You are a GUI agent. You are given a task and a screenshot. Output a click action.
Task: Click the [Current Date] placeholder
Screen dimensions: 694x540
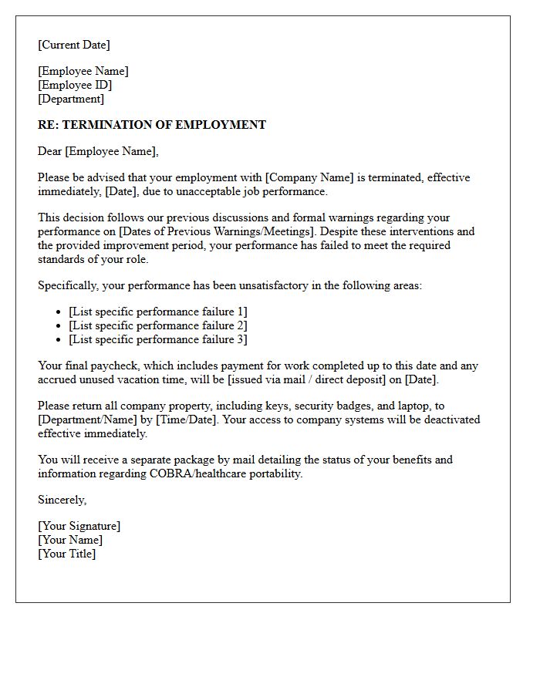pyautogui.click(x=74, y=45)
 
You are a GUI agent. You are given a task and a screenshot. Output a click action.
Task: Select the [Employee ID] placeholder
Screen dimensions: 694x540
pyautogui.click(x=75, y=85)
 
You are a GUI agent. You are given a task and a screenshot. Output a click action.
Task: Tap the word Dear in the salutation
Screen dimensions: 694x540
pyautogui.click(x=49, y=151)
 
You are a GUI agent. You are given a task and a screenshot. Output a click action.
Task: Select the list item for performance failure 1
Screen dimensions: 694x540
pyautogui.click(x=157, y=312)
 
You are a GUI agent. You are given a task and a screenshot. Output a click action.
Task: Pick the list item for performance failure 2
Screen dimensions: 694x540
pyautogui.click(x=157, y=325)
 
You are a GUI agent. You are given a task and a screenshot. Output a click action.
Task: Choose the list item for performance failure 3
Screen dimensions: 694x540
pyautogui.click(x=157, y=339)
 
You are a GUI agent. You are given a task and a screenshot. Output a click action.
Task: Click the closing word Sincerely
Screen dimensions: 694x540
pyautogui.click(x=62, y=500)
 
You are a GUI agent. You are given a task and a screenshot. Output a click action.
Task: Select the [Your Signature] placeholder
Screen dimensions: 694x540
pyautogui.click(x=79, y=526)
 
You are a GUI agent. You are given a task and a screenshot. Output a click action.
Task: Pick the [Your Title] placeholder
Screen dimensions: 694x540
pyautogui.click(x=66, y=554)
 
